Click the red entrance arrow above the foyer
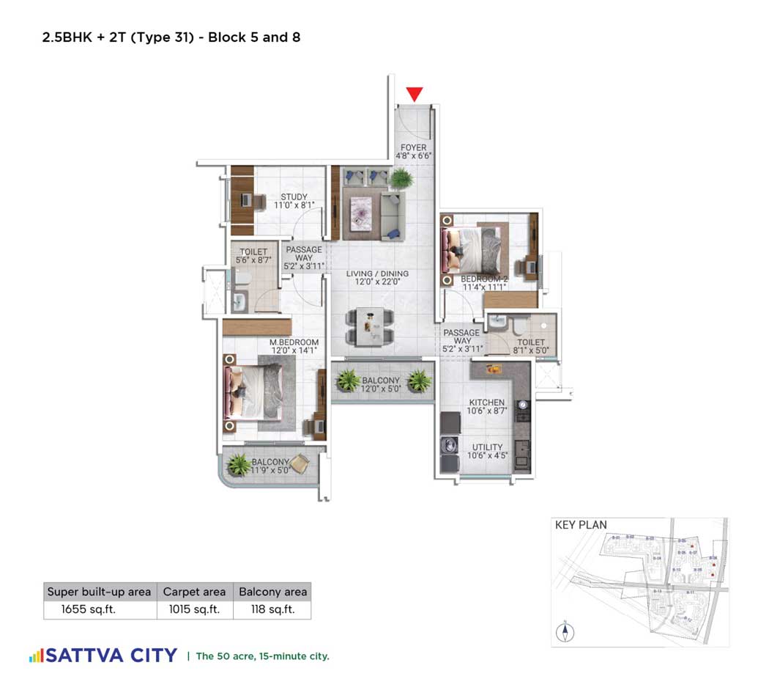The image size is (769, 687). point(415,94)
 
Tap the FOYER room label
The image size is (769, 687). point(414,148)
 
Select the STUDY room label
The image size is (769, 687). point(294,196)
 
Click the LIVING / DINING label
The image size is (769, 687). point(377,274)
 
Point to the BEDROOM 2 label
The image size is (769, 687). point(484,279)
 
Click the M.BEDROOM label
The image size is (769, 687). point(294,342)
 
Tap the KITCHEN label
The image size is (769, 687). point(487,403)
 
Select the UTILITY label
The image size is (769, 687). point(487,447)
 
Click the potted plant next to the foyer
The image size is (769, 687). point(401,178)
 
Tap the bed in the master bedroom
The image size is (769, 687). point(259,389)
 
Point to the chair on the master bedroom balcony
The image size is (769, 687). point(300,463)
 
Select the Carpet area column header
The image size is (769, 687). point(194,592)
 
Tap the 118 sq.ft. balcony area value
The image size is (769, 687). point(272,609)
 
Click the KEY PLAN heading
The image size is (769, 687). point(582,525)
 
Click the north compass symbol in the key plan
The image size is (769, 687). point(565,633)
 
